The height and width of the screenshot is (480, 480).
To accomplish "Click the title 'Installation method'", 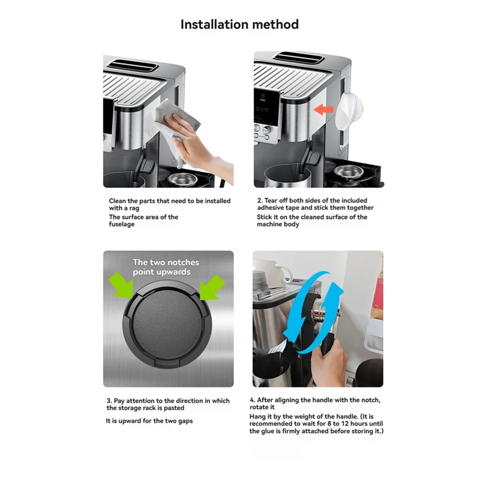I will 239,25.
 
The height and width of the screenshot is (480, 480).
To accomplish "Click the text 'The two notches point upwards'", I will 166,267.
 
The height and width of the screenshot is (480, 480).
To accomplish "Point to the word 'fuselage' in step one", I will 122,224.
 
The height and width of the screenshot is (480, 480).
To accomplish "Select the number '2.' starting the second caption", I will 260,200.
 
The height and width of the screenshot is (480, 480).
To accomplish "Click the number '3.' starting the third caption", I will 109,400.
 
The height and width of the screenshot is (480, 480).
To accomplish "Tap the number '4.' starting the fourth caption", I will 253,400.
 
